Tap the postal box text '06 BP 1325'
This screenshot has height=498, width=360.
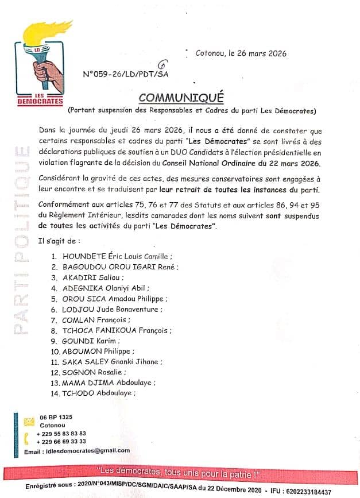click(x=56, y=416)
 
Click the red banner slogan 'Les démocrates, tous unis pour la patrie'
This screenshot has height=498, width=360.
click(x=180, y=474)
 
